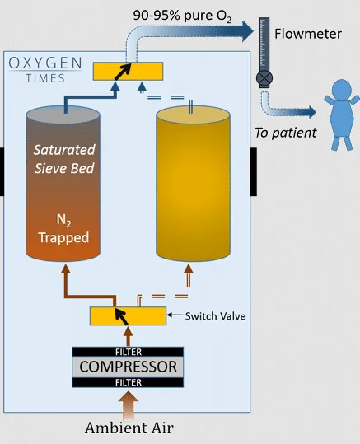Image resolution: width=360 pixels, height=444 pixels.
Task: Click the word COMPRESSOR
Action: click(128, 367)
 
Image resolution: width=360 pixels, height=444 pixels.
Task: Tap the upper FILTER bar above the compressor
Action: click(128, 352)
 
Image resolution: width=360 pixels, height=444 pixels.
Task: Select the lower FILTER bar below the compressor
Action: click(128, 382)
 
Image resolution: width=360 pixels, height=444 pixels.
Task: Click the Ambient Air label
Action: click(129, 428)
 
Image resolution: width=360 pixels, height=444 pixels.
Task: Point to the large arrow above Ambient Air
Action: click(129, 405)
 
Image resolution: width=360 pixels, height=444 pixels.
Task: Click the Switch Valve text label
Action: click(215, 316)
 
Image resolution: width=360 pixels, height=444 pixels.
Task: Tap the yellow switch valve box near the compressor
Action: click(128, 316)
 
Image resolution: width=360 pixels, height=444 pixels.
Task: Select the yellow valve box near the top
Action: click(128, 71)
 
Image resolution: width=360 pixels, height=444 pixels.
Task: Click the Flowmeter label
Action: click(308, 34)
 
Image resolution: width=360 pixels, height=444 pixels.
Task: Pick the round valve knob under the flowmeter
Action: click(264, 78)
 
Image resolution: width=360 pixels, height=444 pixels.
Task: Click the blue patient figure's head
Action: click(342, 90)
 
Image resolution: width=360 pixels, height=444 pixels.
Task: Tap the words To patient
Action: click(286, 133)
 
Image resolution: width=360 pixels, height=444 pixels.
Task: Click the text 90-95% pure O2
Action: click(182, 16)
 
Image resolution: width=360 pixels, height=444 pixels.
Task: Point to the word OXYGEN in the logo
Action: click(45, 63)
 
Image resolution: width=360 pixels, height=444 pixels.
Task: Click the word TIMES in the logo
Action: click(45, 78)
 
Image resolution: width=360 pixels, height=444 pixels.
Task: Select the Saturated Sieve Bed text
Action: click(64, 158)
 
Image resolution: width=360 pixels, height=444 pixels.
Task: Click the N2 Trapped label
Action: click(63, 229)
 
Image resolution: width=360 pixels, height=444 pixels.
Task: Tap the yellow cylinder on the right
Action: click(193, 183)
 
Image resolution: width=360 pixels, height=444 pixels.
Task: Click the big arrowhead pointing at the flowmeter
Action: click(247, 30)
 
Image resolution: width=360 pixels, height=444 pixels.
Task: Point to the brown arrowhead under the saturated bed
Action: click(66, 269)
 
